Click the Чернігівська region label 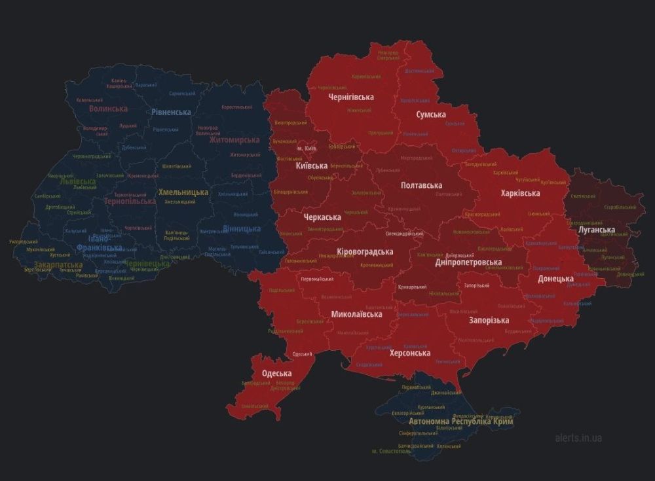click(x=351, y=98)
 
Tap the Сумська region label click(x=431, y=115)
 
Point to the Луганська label click(x=596, y=230)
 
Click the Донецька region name click(x=555, y=279)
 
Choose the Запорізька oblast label click(x=489, y=320)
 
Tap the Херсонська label click(x=410, y=353)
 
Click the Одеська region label click(x=276, y=374)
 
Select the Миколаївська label click(x=356, y=314)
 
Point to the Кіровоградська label click(x=364, y=251)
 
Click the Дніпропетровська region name click(x=468, y=262)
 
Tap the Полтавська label click(x=421, y=186)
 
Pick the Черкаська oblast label click(x=322, y=217)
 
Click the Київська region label click(x=312, y=166)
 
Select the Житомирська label click(x=234, y=140)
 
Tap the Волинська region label click(x=108, y=109)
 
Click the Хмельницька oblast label click(x=183, y=192)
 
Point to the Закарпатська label click(x=58, y=265)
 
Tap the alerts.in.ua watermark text click(x=578, y=438)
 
